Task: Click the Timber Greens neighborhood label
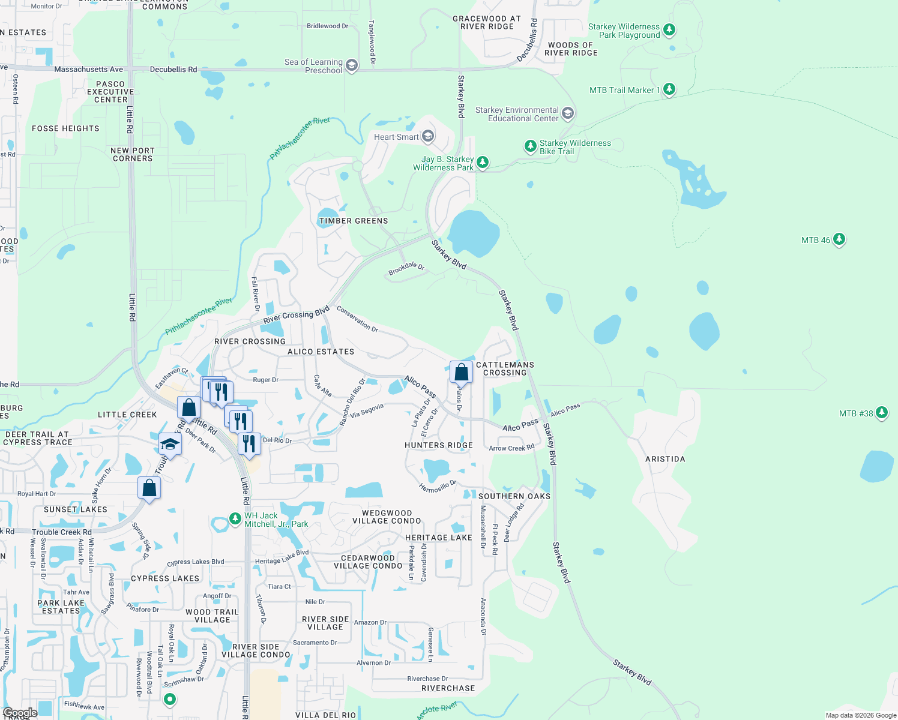click(x=354, y=221)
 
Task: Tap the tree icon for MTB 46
click(x=839, y=239)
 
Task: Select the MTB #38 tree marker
click(x=881, y=413)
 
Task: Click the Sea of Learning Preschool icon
click(x=352, y=65)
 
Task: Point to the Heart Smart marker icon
click(x=428, y=137)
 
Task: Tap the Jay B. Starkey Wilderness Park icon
click(x=482, y=162)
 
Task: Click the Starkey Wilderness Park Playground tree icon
click(x=669, y=29)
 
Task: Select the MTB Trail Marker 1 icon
click(x=669, y=89)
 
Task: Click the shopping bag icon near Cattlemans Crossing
click(x=461, y=373)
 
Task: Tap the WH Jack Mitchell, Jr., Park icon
click(x=235, y=519)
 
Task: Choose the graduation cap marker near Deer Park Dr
click(x=170, y=445)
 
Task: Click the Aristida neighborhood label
click(x=665, y=459)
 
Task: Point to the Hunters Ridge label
click(x=439, y=445)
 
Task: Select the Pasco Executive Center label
click(x=110, y=92)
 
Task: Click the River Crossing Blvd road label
click(x=297, y=314)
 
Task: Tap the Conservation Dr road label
click(x=358, y=319)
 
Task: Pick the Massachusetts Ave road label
click(x=88, y=70)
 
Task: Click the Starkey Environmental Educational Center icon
click(x=568, y=113)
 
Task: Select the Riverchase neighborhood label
click(x=448, y=688)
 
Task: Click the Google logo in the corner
click(x=20, y=713)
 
